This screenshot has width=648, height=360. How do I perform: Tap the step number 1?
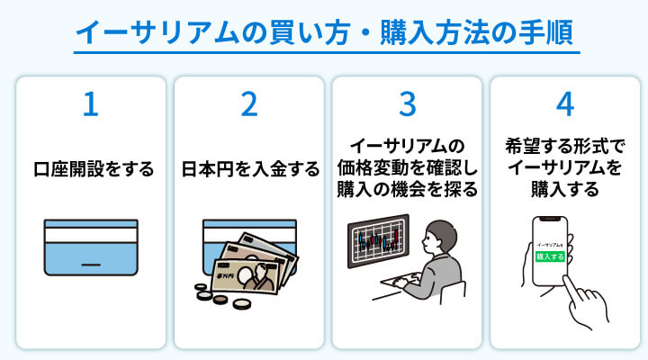click(x=90, y=105)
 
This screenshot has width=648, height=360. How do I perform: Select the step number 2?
click(x=248, y=105)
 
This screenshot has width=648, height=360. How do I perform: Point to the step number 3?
click(x=408, y=105)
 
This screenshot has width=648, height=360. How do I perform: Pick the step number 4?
click(x=565, y=105)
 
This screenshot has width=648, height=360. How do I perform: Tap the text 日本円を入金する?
click(x=248, y=168)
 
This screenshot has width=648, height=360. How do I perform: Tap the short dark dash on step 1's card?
click(x=90, y=265)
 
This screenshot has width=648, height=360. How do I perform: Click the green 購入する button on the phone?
click(x=549, y=256)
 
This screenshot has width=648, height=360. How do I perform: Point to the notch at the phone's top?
click(x=552, y=219)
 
